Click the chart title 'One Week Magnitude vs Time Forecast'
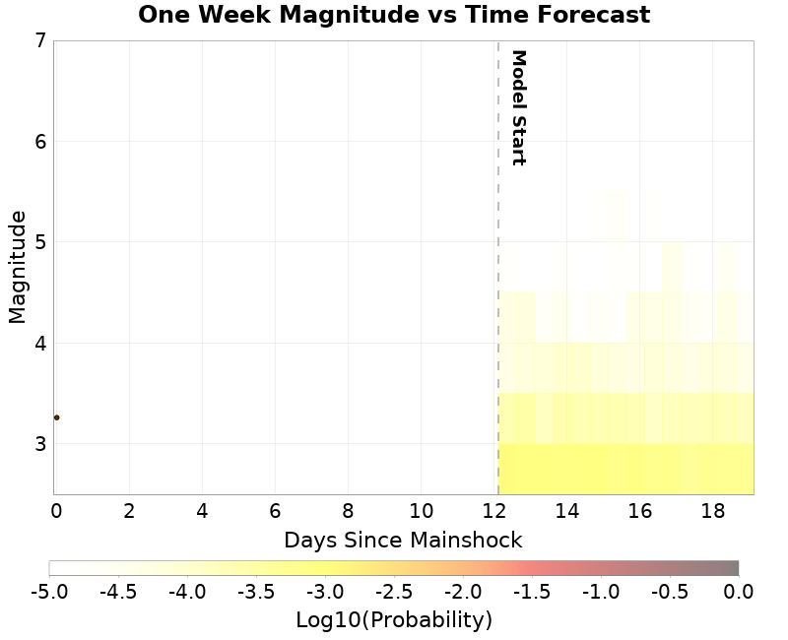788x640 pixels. point(394,16)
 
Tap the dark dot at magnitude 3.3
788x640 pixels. point(56,417)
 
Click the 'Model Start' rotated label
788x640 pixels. point(518,107)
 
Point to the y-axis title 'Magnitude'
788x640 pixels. point(17,267)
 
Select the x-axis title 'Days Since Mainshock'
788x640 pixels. point(403,540)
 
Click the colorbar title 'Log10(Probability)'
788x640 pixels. point(394,620)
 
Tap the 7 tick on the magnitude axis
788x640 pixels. point(39,40)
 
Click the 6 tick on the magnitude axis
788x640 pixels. point(39,142)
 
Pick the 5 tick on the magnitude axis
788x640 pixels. point(39,242)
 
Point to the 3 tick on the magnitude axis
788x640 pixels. point(39,444)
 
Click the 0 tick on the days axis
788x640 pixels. point(56,511)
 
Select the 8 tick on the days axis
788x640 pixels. point(348,511)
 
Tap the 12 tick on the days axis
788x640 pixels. point(493,511)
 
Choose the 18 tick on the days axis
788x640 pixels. point(712,511)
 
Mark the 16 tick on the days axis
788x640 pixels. point(639,511)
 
